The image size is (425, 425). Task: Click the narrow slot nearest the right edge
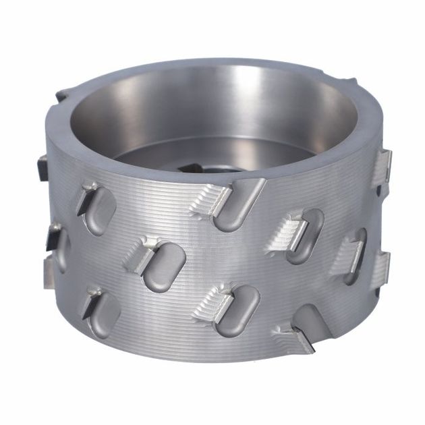coord(356,255)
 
